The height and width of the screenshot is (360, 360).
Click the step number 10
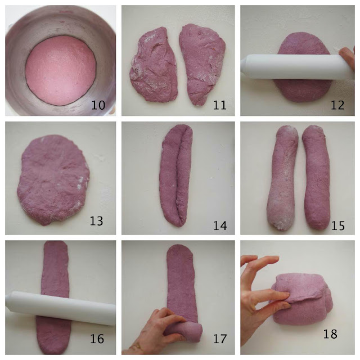point(98,105)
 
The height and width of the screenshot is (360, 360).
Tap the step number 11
point(220,105)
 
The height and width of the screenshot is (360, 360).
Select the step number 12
point(337,105)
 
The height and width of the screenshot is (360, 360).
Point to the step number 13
point(96,221)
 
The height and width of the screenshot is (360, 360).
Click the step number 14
point(220,226)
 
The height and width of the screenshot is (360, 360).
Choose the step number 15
point(338,226)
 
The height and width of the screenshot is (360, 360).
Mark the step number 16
point(97,339)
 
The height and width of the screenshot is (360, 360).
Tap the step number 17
point(220,339)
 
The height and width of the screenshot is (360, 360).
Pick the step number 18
point(330,334)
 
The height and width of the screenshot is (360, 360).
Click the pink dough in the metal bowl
point(60,70)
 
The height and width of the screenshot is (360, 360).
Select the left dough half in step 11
point(154,65)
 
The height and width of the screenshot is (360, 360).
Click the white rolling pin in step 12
point(296,67)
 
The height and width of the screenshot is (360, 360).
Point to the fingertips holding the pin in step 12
point(347,57)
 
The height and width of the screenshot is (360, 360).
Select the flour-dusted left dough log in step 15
point(282,178)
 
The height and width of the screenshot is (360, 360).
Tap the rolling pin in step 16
point(61,308)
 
